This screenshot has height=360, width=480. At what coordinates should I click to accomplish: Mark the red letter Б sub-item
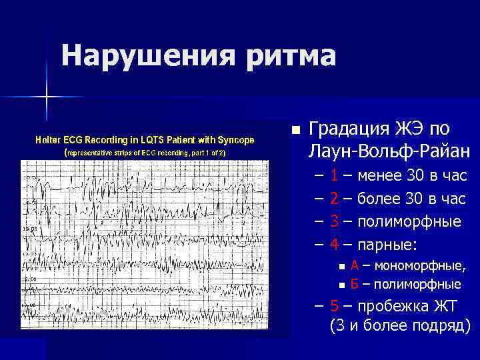click(x=355, y=285)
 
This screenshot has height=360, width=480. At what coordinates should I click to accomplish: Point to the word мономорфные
click(x=421, y=267)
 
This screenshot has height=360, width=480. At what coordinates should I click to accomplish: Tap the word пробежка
click(x=391, y=307)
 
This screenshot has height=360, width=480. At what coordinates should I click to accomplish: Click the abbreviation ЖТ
click(x=443, y=307)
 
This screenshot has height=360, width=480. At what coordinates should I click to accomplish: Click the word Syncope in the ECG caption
click(x=233, y=139)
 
